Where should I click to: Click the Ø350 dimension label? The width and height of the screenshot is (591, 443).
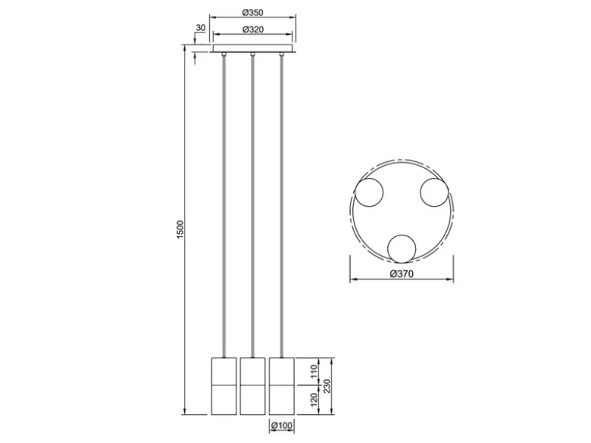(252, 12)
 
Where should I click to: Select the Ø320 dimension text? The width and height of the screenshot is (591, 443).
(252, 30)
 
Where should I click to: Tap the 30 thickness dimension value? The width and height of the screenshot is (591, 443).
(201, 28)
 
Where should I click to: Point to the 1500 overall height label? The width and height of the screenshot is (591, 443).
(180, 229)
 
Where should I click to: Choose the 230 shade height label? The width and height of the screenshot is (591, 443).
(327, 386)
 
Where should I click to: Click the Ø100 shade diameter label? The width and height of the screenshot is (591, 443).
(282, 426)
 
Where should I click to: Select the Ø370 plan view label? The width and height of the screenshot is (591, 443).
(402, 274)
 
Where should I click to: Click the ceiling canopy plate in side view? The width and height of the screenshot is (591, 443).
(252, 48)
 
